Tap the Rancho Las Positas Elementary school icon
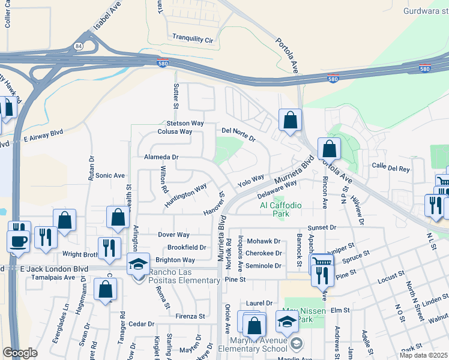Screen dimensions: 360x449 tap(137, 264)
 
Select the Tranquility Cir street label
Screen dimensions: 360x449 tap(193, 38)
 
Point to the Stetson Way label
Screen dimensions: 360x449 tap(186, 123)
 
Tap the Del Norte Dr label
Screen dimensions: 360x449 tap(238, 134)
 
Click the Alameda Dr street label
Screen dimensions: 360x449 tap(161, 157)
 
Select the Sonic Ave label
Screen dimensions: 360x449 tap(110, 176)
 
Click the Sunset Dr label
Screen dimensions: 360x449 tap(322, 228)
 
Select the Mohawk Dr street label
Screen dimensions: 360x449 tap(264, 241)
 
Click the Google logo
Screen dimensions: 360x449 tap(20, 353)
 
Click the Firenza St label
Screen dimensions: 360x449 tap(190, 316)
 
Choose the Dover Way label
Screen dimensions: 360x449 tap(173, 235)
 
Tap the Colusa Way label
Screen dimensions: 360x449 tap(175, 131)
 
